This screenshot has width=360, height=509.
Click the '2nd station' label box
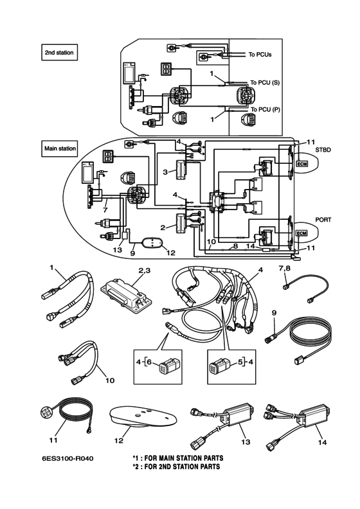[59, 52]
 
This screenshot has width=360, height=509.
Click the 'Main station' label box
[60, 148]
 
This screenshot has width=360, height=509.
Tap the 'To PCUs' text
[260, 55]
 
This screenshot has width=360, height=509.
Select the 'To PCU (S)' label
[265, 82]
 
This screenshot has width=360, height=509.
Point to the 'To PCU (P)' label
[265, 109]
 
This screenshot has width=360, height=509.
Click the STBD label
[323, 150]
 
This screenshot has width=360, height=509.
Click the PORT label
[323, 220]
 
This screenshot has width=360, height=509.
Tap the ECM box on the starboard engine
[302, 164]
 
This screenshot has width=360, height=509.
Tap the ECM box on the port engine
[302, 233]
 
